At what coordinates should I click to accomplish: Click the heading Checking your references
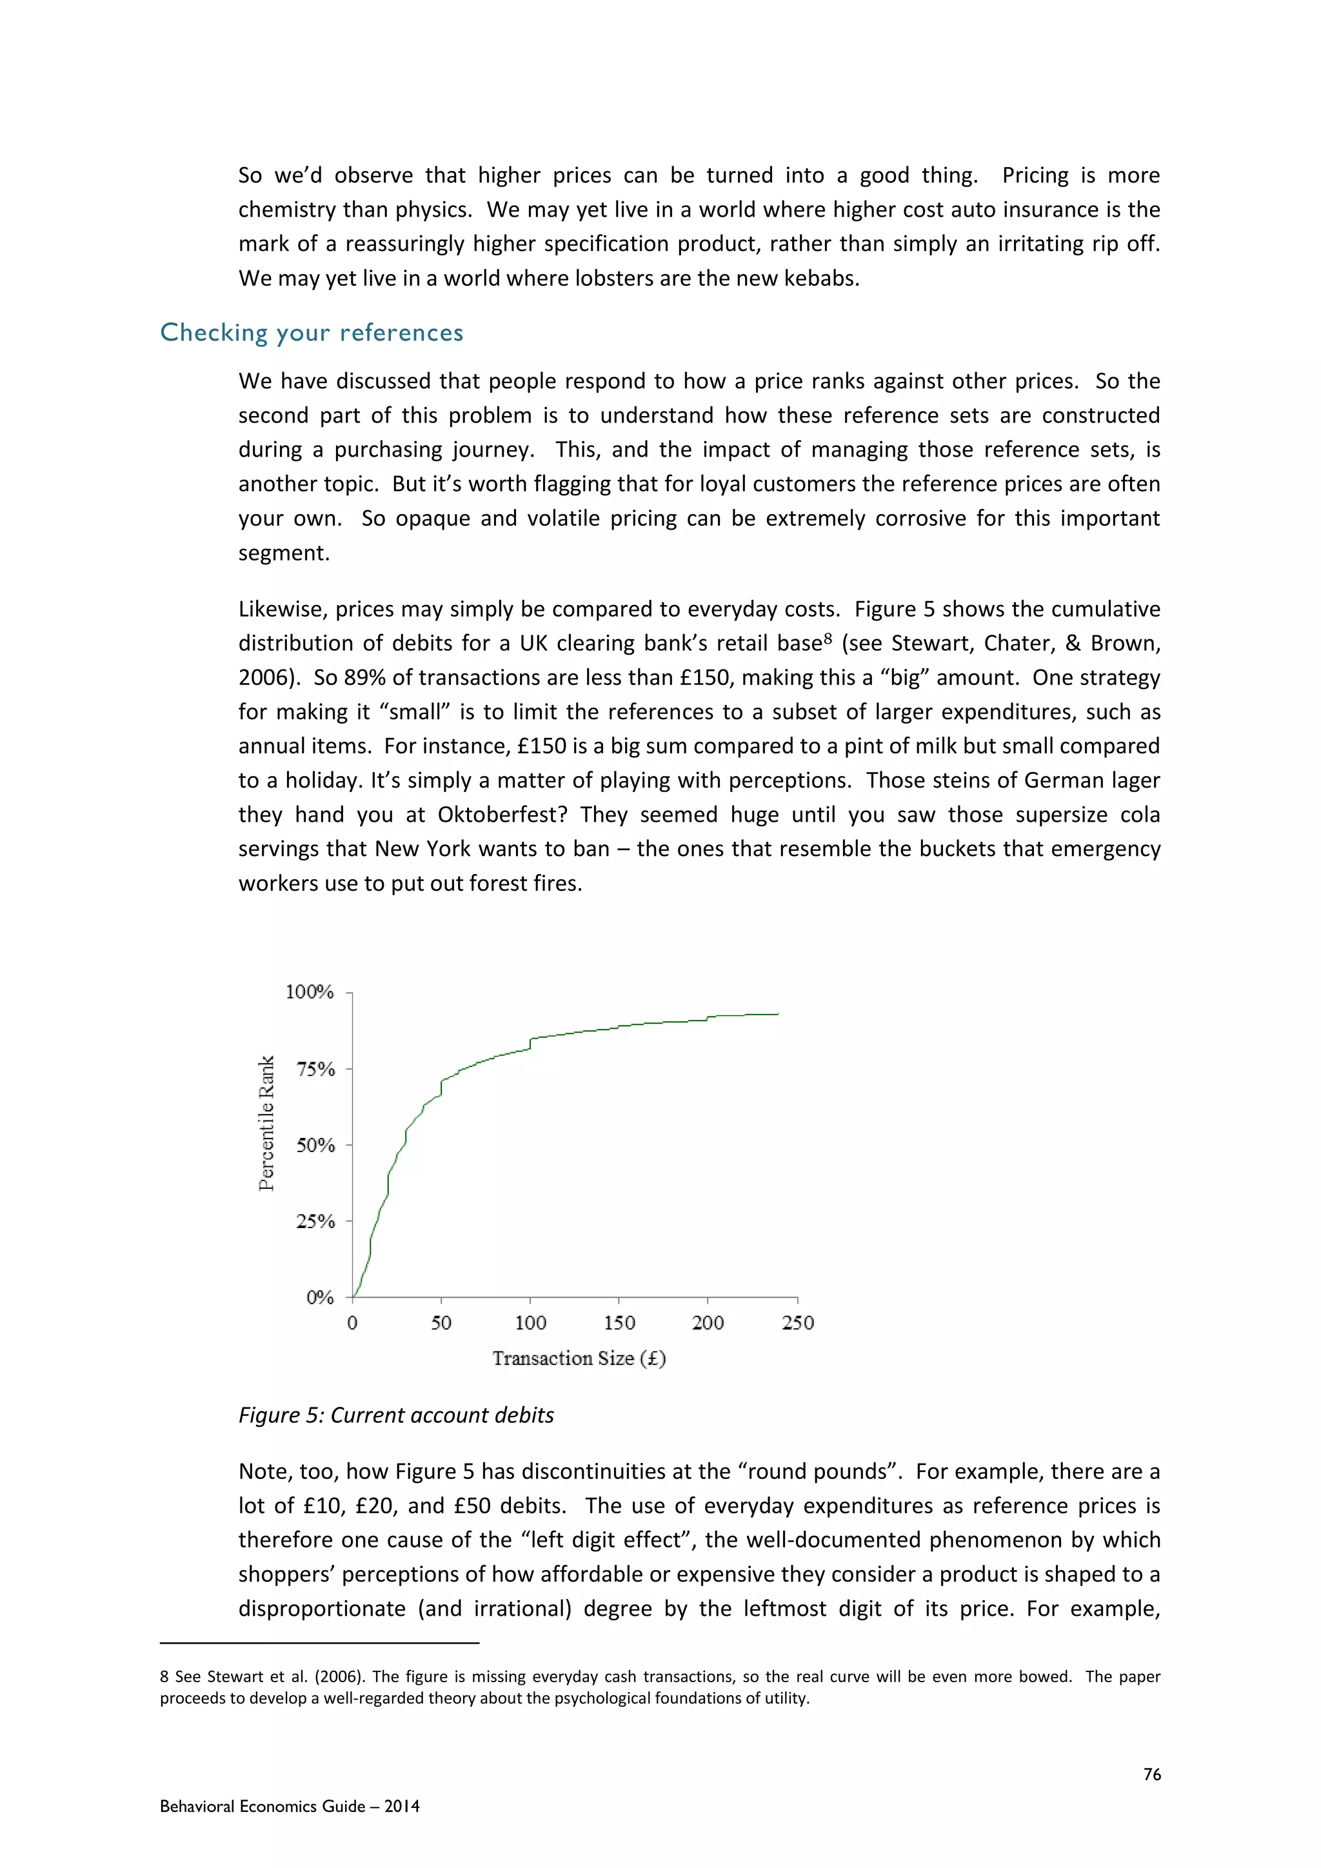[312, 333]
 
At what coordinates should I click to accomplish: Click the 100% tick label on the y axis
[309, 992]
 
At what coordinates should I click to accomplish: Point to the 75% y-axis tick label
[315, 1069]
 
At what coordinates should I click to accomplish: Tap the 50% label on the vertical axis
[315, 1146]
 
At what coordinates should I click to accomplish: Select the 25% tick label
[315, 1221]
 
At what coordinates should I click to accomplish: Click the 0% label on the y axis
[320, 1298]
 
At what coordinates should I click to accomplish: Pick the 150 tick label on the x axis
[619, 1323]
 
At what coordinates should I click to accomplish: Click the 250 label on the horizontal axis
[797, 1323]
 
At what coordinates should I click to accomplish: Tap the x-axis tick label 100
[530, 1323]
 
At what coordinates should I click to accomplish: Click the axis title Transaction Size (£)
[579, 1358]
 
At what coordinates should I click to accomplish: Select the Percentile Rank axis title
[266, 1124]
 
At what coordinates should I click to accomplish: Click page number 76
[1152, 1774]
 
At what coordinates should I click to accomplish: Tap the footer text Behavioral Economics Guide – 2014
[290, 1806]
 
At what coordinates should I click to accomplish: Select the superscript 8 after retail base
[828, 639]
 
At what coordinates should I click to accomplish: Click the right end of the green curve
[778, 1014]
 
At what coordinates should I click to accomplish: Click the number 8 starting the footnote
[164, 1677]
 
